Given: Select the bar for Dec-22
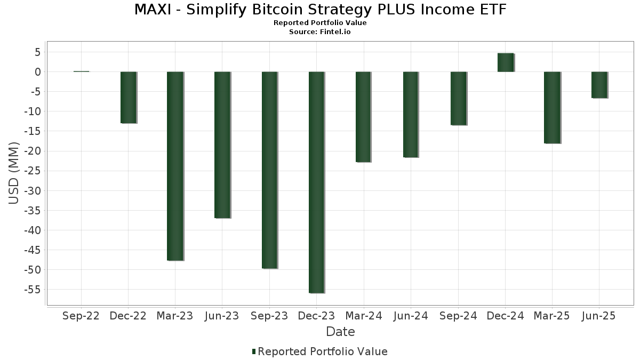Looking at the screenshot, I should pyautogui.click(x=128, y=97).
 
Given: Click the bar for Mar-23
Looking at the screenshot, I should pyautogui.click(x=175, y=166).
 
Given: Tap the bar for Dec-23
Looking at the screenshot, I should pyautogui.click(x=316, y=182).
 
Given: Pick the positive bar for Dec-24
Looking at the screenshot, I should pyautogui.click(x=505, y=62).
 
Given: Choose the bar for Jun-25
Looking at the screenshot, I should pyautogui.click(x=599, y=85).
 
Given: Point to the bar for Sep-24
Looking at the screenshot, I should pyautogui.click(x=458, y=98).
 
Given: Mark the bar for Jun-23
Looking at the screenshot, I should pyautogui.click(x=222, y=145).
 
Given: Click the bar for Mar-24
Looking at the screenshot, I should pyautogui.click(x=363, y=116).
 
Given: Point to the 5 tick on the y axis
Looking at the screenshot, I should pyautogui.click(x=38, y=52).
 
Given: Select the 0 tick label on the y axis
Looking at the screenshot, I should pyautogui.click(x=38, y=72).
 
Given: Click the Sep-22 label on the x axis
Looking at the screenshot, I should pyautogui.click(x=81, y=316).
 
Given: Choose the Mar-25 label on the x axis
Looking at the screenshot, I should pyautogui.click(x=551, y=316).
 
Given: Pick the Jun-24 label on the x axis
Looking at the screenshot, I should pyautogui.click(x=411, y=316).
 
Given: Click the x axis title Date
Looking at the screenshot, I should pyautogui.click(x=340, y=332).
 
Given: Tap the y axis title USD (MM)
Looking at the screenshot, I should pyautogui.click(x=14, y=173).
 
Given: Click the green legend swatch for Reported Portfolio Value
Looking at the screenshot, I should pyautogui.click(x=254, y=351).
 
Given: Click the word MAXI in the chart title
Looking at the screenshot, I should pyautogui.click(x=152, y=10).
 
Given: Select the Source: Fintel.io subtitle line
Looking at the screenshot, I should pyautogui.click(x=320, y=32).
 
